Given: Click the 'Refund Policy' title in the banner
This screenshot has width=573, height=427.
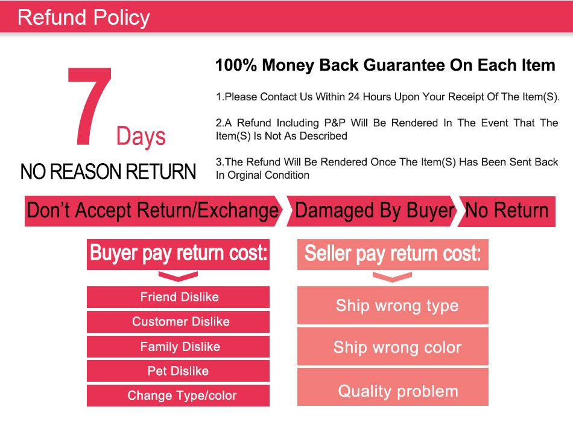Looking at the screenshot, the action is (x=84, y=18).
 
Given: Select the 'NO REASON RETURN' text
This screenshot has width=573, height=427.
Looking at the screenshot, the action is (x=108, y=172).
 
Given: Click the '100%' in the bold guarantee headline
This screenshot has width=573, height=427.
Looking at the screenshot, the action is (x=236, y=65).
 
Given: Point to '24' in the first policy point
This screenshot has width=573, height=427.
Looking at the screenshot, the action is (x=353, y=97).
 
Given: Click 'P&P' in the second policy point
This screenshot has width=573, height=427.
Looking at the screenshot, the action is (x=335, y=123).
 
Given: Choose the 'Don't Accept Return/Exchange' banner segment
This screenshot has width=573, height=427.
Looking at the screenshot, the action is (x=153, y=211).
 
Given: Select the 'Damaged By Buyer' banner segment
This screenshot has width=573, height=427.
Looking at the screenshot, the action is (x=372, y=211).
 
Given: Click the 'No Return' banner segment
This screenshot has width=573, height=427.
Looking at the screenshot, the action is (x=507, y=211).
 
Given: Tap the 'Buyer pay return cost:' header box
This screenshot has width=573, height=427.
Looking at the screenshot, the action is (x=178, y=254).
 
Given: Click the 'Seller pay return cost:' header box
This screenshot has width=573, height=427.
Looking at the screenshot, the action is (x=393, y=254).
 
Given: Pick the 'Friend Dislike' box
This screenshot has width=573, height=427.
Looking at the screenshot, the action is (x=178, y=297).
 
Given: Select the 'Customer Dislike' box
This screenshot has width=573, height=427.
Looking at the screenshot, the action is (x=178, y=322).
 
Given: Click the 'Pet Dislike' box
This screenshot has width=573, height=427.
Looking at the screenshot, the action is (x=178, y=371).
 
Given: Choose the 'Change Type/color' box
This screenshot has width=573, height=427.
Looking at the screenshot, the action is (x=178, y=396).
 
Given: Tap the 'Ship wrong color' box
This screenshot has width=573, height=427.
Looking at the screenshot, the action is (x=393, y=347).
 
